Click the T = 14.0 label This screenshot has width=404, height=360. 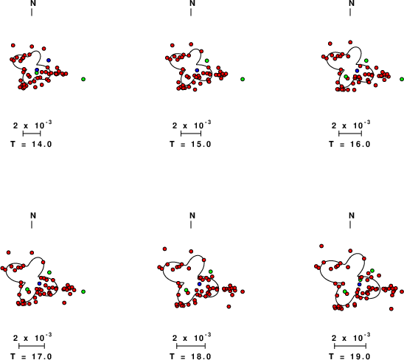31,144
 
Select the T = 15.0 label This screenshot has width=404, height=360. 190,144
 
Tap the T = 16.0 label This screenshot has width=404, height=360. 349,144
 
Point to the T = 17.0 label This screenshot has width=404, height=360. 31,356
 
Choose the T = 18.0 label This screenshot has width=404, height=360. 190,356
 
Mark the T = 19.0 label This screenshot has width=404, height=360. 349,356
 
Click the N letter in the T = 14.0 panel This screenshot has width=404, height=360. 33,3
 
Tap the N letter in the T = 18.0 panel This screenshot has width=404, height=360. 192,215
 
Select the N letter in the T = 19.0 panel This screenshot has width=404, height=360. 352,215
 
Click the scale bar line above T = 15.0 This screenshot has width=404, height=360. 191,134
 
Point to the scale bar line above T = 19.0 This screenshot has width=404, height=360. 350,346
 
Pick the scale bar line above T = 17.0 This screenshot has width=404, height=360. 32,346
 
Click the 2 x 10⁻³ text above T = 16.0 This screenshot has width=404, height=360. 351,125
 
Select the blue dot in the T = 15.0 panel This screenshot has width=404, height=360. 197,70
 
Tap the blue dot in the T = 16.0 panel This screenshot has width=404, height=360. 357,71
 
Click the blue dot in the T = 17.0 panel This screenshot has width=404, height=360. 39,284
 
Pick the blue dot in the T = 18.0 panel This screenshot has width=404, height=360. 199,284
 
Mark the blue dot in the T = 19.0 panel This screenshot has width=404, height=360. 360,284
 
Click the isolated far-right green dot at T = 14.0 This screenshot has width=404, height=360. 83,79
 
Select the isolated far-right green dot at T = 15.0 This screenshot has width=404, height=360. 243,79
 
